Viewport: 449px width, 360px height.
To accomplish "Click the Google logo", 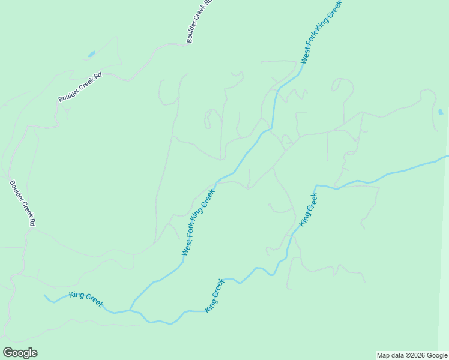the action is tap(20, 353).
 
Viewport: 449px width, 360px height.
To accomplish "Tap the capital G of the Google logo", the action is tap(8, 353).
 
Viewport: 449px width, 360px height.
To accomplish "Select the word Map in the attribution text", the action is tap(384, 355).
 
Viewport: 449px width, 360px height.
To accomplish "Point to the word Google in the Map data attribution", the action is tap(435, 355).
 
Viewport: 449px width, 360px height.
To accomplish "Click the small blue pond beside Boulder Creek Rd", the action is tap(92, 54).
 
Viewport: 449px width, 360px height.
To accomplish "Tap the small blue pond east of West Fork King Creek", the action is tap(441, 112).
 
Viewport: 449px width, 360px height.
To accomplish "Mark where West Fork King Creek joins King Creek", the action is tap(130, 310).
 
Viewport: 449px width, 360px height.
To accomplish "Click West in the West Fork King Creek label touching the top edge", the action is tap(306, 55).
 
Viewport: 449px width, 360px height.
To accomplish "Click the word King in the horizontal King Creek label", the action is tap(77, 295).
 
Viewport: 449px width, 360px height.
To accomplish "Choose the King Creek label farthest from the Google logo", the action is tap(308, 209).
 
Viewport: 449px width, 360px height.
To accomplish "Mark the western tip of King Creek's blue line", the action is tap(44, 295).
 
